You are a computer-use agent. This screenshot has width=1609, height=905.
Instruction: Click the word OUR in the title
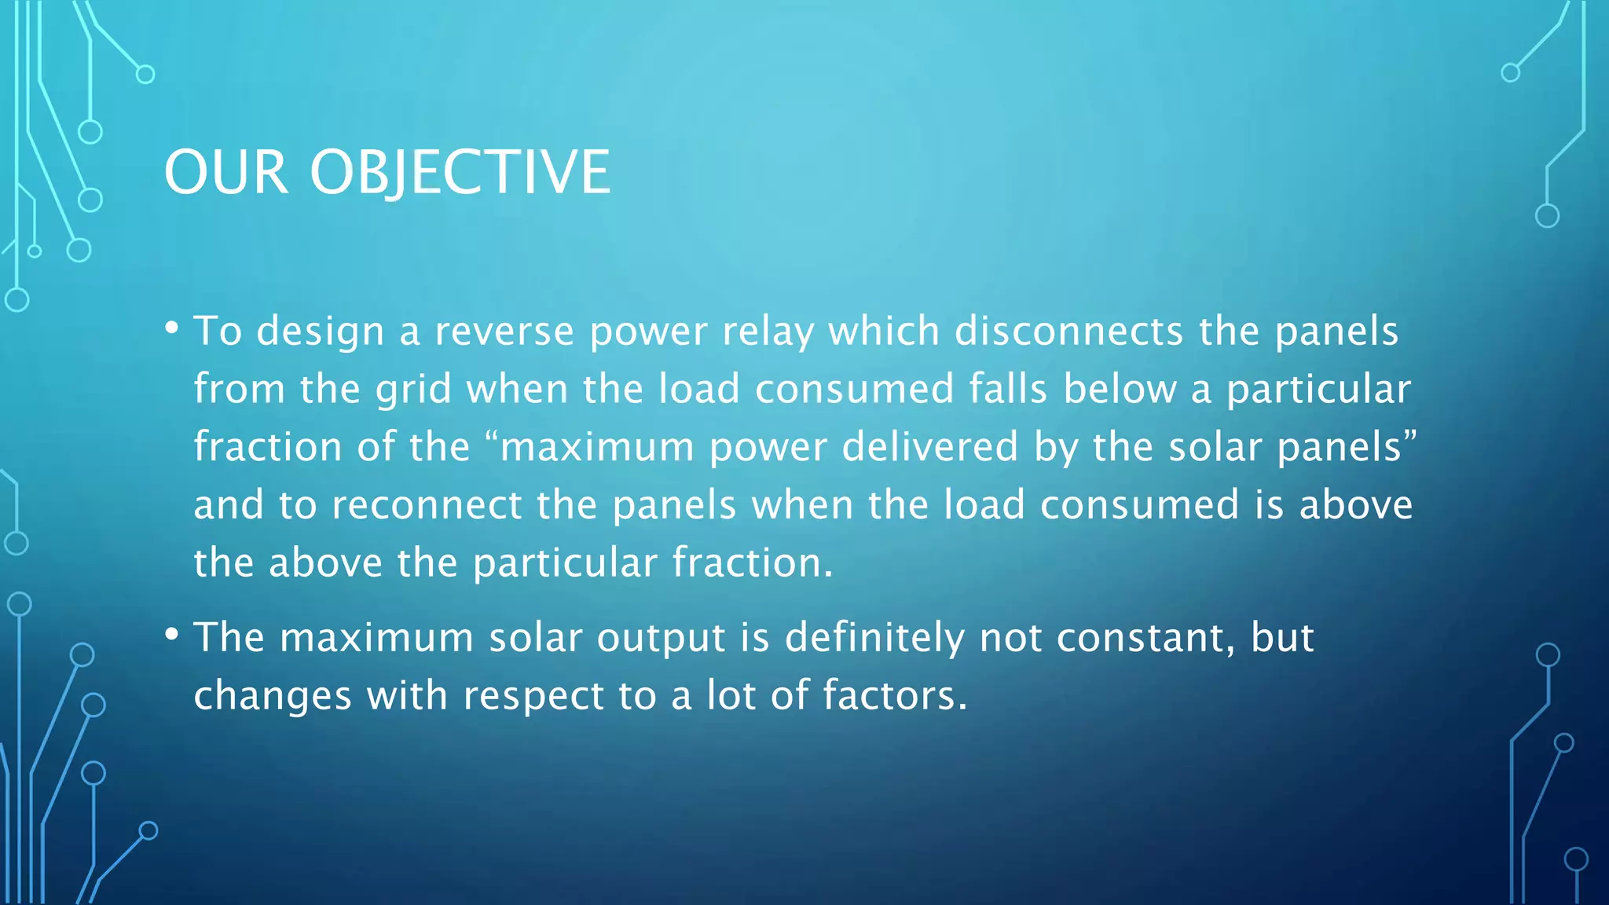[225, 173]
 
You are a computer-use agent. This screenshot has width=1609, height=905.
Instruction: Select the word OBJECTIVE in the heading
[460, 173]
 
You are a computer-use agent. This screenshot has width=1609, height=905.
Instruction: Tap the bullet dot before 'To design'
[172, 327]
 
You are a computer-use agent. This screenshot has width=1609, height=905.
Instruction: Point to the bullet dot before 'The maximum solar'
[172, 633]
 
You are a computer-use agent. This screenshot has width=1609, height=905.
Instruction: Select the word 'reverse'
[504, 332]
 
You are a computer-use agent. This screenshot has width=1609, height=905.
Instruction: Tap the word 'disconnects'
[1068, 332]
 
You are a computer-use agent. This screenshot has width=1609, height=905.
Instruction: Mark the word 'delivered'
[930, 447]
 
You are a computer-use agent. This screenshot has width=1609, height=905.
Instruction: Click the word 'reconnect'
[427, 505]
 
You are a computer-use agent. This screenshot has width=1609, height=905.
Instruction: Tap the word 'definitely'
[874, 638]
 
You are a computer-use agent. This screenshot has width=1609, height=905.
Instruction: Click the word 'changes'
[273, 696]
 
